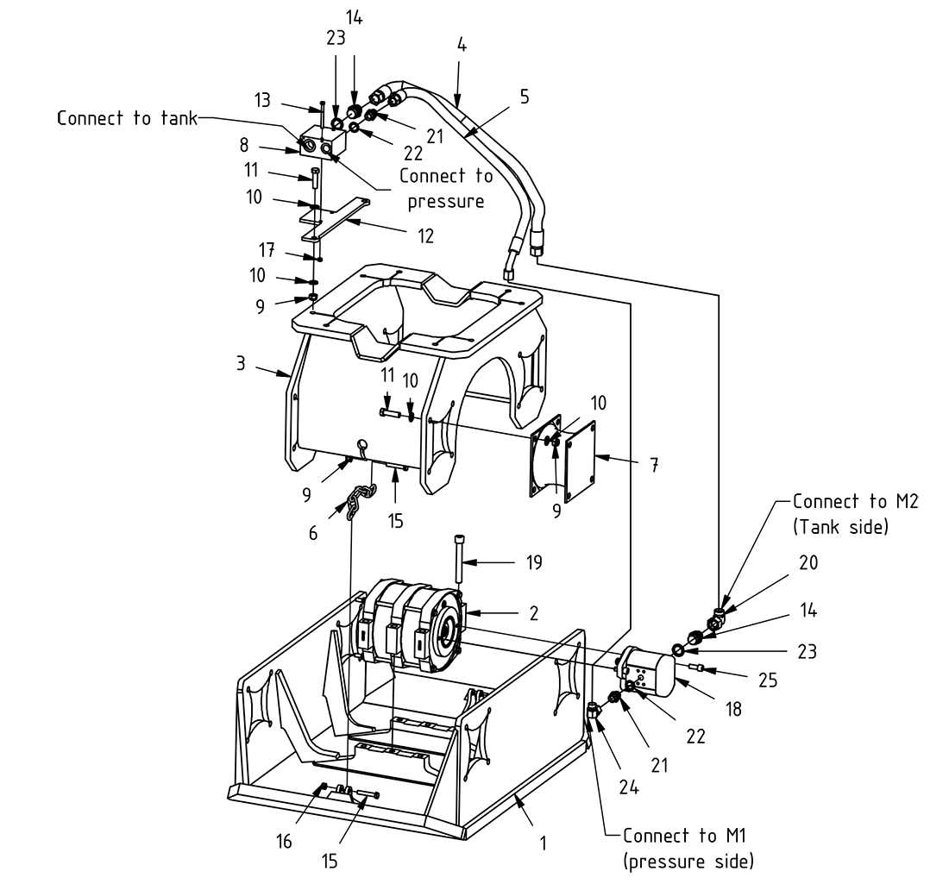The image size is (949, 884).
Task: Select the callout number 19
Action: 534,563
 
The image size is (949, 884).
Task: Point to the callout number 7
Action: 655,466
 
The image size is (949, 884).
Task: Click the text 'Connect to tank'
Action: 127,118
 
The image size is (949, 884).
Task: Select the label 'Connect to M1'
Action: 669,836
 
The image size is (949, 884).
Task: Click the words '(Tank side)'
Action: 840,526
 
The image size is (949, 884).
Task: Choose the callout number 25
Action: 769,680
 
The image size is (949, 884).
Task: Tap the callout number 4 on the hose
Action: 462,45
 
